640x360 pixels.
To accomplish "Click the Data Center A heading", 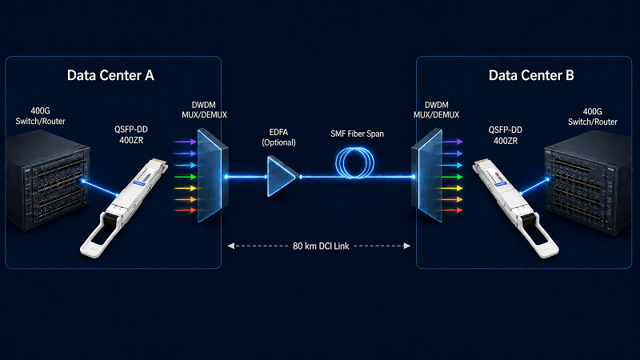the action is tap(110, 75).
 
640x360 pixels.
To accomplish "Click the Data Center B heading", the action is tap(531, 75).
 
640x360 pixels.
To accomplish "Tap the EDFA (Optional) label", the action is tap(278, 137).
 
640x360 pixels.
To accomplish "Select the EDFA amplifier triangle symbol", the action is tap(281, 176).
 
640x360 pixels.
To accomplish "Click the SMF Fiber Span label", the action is tap(357, 134).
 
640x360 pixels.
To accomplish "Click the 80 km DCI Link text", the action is tap(321, 246).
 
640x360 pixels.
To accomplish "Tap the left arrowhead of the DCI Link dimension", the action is tap(231, 246).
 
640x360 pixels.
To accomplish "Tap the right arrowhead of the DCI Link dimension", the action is tap(406, 246).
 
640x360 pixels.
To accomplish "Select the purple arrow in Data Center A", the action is tap(186, 142).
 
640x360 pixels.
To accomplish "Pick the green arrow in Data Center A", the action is tap(186, 177).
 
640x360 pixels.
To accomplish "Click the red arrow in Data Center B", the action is tap(451, 210).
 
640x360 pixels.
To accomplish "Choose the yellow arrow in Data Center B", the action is tap(451, 188).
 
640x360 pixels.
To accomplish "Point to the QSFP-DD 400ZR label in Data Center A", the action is tap(131, 134).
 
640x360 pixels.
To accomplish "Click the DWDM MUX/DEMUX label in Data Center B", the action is tap(436, 110).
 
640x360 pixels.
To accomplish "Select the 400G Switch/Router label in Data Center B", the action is tap(593, 117).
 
